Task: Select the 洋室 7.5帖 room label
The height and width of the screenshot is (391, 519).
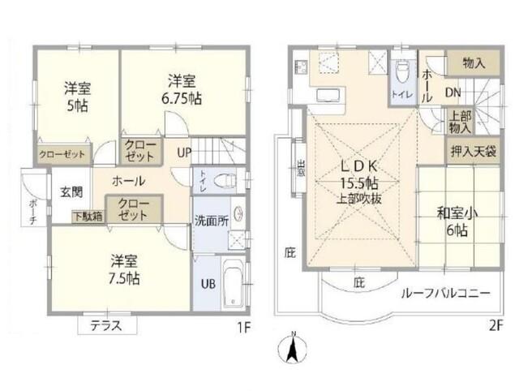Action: (x=125, y=269)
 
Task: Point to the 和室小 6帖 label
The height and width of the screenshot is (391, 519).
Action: (x=457, y=222)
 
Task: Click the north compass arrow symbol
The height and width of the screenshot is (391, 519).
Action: (x=293, y=350)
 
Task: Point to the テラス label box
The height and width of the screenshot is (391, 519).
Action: (x=106, y=325)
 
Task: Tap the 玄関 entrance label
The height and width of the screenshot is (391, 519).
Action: (x=71, y=192)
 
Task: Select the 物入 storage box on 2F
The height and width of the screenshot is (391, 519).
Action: (x=474, y=62)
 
